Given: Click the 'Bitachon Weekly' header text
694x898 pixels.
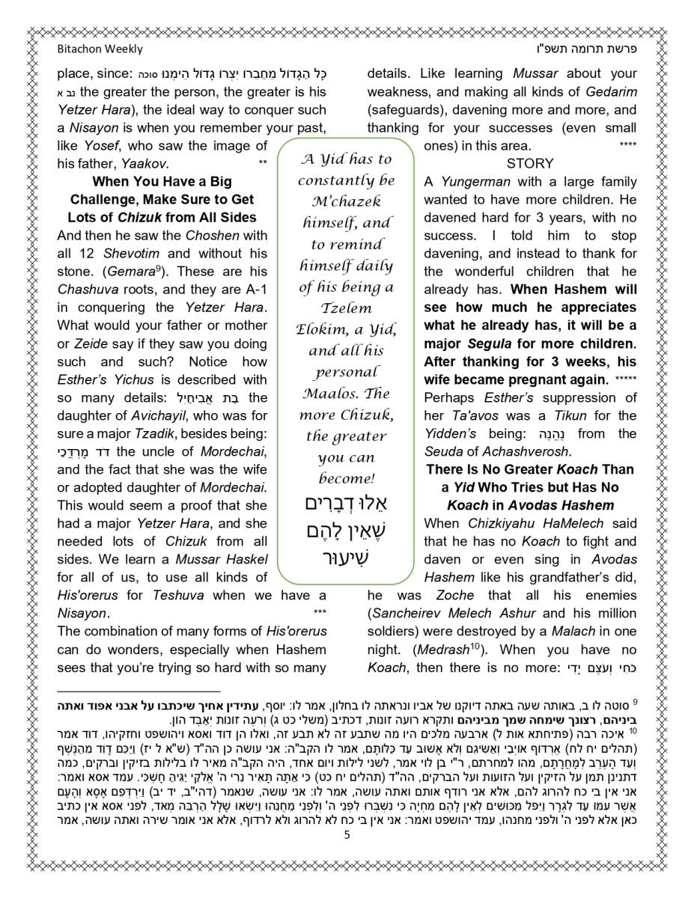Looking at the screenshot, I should point(100,49).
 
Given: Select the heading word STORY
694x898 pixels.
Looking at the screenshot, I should point(530,163).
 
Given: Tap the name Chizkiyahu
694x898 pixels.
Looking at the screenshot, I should point(502,524).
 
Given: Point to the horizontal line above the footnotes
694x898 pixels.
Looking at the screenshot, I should point(139,691).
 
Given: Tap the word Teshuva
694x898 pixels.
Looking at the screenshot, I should point(180,596).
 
